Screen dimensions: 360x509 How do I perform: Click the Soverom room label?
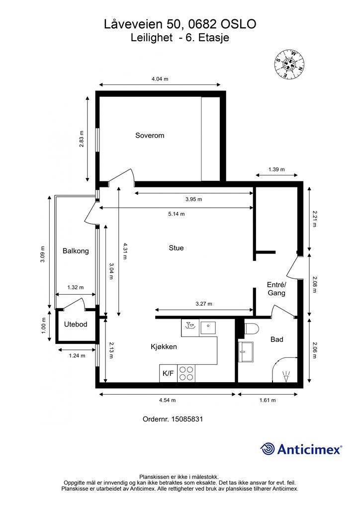tap(150, 135)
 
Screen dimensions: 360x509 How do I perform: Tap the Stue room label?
tap(176, 248)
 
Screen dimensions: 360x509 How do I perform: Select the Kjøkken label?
tap(164, 346)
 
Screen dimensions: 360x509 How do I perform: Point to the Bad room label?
tap(277, 339)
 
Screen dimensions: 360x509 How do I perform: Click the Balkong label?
tap(76, 251)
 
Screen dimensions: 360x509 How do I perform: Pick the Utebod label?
tap(76, 324)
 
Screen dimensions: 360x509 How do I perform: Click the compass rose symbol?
tap(289, 64)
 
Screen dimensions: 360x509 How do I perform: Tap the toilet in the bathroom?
tap(251, 329)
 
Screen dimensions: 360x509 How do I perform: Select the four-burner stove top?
tap(186, 373)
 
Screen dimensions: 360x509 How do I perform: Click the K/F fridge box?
tap(168, 373)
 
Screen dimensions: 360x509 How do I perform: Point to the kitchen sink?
tap(208, 327)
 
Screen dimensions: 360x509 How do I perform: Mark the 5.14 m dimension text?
tap(176, 214)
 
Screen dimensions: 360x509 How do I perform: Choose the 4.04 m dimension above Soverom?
tap(160, 79)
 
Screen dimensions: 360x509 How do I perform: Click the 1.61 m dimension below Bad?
tap(268, 400)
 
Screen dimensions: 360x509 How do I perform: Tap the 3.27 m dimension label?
tap(204, 304)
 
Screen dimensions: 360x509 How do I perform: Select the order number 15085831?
tap(187, 419)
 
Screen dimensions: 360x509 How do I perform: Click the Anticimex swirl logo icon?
tap(268, 449)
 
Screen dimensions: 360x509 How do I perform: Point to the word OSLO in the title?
tap(238, 24)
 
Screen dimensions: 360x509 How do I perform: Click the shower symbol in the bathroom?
tap(286, 377)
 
